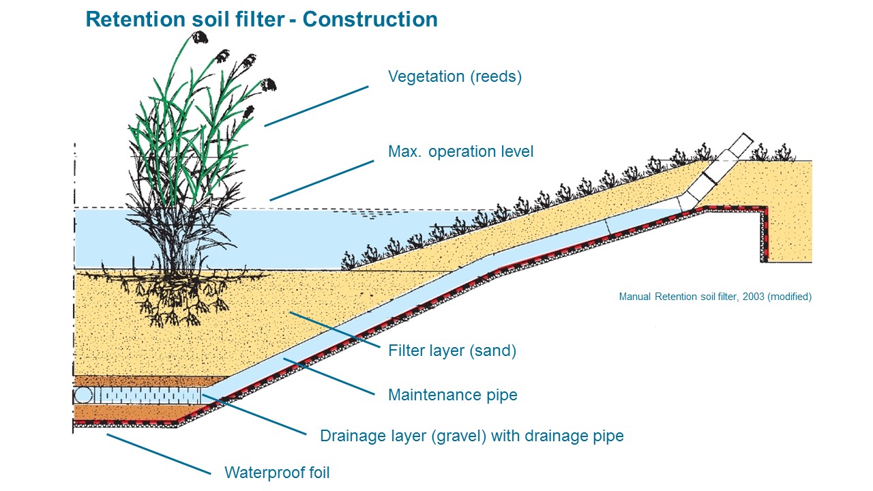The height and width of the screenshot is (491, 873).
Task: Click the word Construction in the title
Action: pyautogui.click(x=370, y=19)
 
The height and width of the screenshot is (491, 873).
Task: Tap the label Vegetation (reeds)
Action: pyautogui.click(x=454, y=76)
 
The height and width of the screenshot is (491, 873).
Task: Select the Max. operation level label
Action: pyautogui.click(x=460, y=151)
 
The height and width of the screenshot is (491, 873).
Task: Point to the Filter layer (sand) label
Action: pyautogui.click(x=452, y=351)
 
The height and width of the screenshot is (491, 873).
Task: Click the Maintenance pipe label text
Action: pyautogui.click(x=452, y=395)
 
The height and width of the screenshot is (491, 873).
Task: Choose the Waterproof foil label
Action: pyautogui.click(x=277, y=472)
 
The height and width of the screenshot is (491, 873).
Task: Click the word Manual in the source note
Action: pyautogui.click(x=635, y=297)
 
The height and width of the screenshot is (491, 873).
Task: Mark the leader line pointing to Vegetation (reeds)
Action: pyautogui.click(x=316, y=106)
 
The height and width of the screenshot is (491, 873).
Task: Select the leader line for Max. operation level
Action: pyautogui.click(x=322, y=180)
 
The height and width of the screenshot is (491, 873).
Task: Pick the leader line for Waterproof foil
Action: pyautogui.click(x=158, y=453)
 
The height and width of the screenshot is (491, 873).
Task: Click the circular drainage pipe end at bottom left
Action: pyautogui.click(x=83, y=396)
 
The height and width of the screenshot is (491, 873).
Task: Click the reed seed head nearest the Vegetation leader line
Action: pyautogui.click(x=269, y=85)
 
